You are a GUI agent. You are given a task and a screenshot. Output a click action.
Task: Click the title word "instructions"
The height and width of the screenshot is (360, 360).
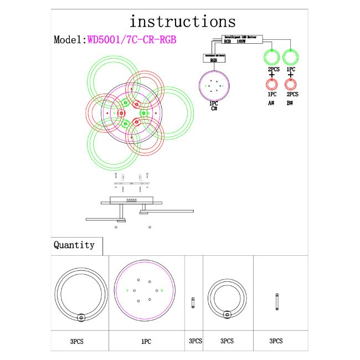(182, 22)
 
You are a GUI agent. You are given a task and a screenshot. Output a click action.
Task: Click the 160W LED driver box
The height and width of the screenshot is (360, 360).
(243, 39)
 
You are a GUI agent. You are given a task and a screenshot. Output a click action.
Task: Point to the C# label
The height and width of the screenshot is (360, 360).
(213, 109)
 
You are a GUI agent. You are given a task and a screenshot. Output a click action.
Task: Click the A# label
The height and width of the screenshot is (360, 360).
(271, 102)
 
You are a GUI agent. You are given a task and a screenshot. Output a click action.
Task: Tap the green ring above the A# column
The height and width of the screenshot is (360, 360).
(272, 58)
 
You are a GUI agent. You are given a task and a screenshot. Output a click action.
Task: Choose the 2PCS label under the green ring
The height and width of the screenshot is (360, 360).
(272, 69)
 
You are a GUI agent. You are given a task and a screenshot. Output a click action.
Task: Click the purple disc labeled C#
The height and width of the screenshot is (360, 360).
(213, 85)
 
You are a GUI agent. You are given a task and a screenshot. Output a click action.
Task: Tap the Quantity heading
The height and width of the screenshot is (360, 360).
(74, 245)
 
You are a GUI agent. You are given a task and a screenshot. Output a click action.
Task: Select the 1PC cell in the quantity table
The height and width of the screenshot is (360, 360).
(146, 342)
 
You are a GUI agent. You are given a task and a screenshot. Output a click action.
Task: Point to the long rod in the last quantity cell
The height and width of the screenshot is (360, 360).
(276, 302)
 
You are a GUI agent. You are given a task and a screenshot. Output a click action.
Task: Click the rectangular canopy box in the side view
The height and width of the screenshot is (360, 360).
(131, 200)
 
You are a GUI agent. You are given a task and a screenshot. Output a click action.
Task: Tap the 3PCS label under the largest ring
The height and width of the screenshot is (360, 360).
(78, 342)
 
